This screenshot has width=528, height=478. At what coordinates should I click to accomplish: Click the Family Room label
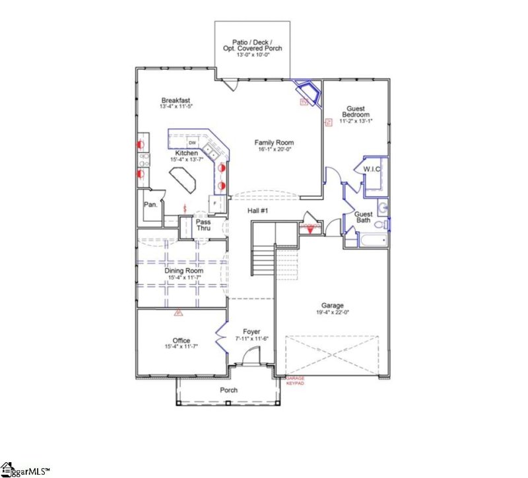coord(275,143)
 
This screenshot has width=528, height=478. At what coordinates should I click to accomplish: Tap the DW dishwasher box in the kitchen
coord(193,143)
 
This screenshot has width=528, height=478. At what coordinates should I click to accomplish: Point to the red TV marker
coord(304,102)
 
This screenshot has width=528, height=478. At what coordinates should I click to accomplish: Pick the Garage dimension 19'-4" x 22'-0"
coord(333,312)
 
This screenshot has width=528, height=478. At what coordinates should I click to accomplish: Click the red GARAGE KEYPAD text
coord(294,382)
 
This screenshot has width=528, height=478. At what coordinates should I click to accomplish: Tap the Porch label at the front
coord(228,390)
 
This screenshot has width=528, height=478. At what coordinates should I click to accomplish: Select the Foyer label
coord(251,331)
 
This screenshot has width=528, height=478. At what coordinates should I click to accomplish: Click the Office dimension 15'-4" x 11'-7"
coord(181,347)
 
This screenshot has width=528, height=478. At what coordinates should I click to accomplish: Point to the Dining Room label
coord(183,271)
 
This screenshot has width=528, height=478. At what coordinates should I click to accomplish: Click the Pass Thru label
coord(203,226)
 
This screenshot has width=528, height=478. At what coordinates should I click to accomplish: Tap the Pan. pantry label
coord(150,205)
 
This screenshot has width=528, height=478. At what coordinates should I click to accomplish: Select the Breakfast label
coord(175,100)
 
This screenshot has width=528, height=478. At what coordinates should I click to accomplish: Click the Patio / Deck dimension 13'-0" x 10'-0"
coord(253,55)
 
